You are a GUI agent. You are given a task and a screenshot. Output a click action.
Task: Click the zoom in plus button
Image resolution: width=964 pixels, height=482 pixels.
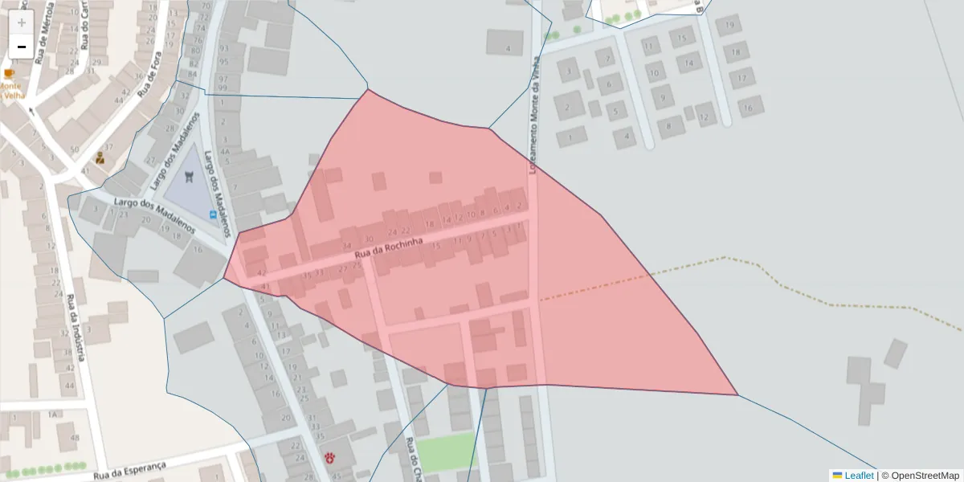pos(22,22)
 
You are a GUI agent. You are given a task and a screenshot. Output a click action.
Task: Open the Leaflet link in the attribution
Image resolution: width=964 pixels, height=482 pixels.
pos(858,476)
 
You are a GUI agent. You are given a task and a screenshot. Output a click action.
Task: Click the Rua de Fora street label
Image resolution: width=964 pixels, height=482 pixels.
pos(148,80)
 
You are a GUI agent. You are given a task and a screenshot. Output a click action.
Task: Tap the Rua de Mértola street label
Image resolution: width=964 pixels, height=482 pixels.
pos(42,32)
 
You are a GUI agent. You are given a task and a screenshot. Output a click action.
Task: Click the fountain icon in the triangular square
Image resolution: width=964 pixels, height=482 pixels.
pos(190,177)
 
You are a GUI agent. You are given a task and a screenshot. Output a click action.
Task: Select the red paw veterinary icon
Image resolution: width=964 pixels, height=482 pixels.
pos(330,457)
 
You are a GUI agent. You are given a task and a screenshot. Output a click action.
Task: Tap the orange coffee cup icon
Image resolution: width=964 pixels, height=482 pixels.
pos(10,74)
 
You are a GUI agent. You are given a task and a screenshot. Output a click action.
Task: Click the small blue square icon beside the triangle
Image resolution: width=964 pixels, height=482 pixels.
pos(213,214)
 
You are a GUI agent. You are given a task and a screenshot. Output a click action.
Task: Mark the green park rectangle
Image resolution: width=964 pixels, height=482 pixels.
pos(447,452)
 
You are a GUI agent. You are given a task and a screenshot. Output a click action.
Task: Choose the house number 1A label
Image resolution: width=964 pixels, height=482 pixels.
pos(52,415)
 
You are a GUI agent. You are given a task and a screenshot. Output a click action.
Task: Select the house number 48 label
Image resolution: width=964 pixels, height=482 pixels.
pos(75,438)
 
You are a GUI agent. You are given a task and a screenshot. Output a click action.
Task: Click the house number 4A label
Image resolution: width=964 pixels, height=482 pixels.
pos(226,150)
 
